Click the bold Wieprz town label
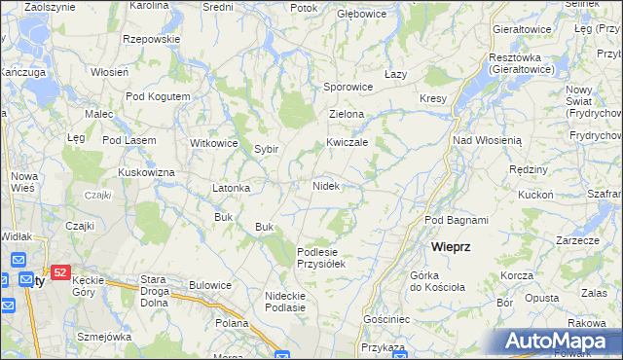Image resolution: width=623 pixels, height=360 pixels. pos(452,247)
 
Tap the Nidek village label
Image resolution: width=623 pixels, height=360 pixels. pos(325,185)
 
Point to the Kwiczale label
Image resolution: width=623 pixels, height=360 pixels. pos(347,142)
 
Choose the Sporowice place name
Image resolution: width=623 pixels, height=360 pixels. pos(348,87)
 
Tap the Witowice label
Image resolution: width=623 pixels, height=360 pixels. pos(214,143)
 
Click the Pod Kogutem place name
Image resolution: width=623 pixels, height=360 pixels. pos(158,97)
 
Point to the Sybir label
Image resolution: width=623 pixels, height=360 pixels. pos(267,149)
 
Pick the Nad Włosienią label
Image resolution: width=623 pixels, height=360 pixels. pos(488,140)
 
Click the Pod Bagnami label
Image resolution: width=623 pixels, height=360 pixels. pos(457,220)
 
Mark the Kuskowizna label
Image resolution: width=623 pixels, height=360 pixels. pos(146,172)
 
